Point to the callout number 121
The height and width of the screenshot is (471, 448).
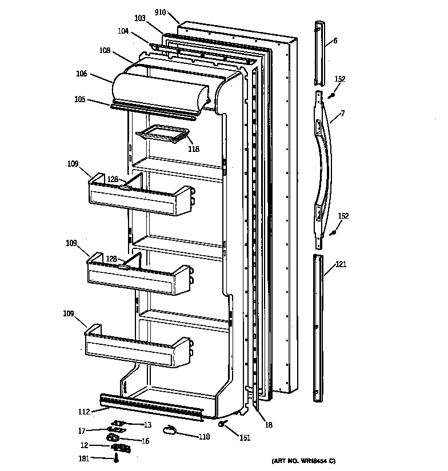(341, 264)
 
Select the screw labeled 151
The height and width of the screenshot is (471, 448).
(222, 424)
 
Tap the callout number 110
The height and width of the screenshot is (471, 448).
(203, 437)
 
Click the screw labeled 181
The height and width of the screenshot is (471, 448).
(117, 457)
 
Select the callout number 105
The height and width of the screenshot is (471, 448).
(79, 99)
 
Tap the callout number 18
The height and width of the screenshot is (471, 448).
(269, 425)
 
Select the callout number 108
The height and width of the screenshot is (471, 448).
(105, 50)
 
